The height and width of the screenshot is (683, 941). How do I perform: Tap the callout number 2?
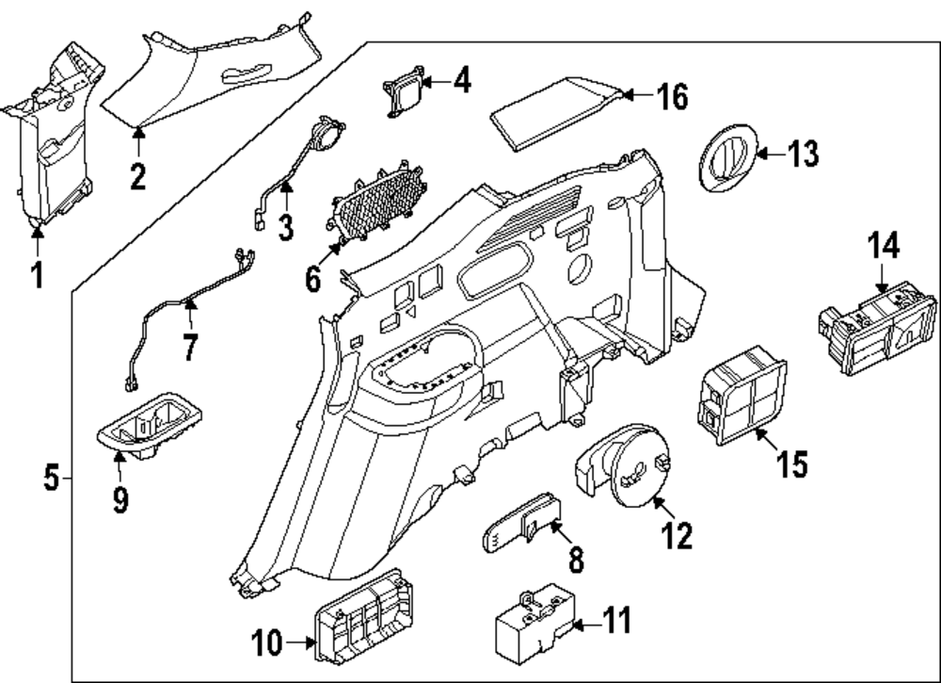tap(138, 175)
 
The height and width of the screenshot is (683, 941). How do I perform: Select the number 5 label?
tap(51, 479)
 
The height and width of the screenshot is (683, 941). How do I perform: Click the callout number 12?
tap(678, 535)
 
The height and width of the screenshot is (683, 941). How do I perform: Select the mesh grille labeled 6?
tap(374, 205)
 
